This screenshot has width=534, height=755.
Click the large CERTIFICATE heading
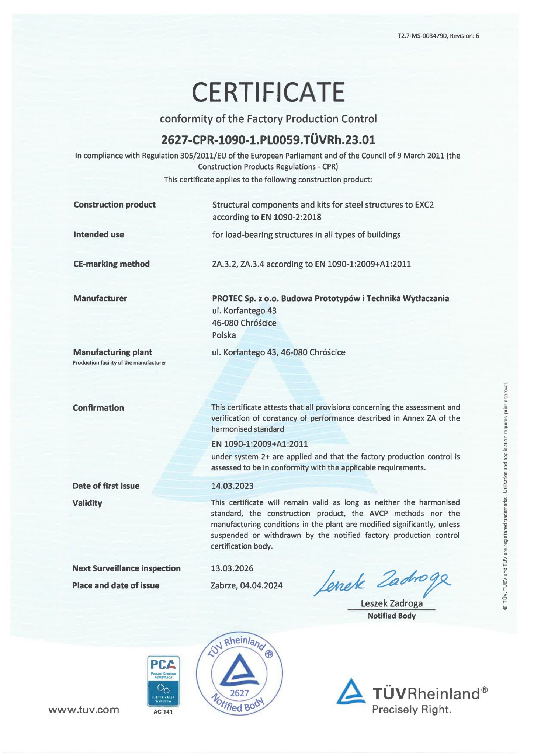[x=268, y=92]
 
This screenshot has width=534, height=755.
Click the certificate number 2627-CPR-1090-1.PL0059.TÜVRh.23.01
[x=268, y=140]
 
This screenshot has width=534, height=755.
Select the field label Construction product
[x=114, y=205]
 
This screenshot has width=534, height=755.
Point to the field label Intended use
[x=98, y=234]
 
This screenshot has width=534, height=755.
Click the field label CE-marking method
[x=111, y=264]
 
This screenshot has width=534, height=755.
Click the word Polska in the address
[x=224, y=335]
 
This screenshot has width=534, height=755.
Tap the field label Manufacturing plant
[x=112, y=352]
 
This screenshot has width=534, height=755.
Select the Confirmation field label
[x=98, y=408]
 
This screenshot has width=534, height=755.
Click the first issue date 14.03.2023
[x=232, y=486]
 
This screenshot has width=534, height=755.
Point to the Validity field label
[x=87, y=503]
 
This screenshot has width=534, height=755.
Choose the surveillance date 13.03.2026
[x=232, y=568]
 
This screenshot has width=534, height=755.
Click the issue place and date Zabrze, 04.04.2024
[x=246, y=585]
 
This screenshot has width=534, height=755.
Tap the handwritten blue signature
[x=382, y=582]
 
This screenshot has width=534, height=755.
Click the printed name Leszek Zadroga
[x=391, y=603]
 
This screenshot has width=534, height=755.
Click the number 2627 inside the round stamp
[x=239, y=693]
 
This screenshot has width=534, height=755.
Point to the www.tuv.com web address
[x=84, y=710]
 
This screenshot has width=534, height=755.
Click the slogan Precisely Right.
[x=412, y=710]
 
